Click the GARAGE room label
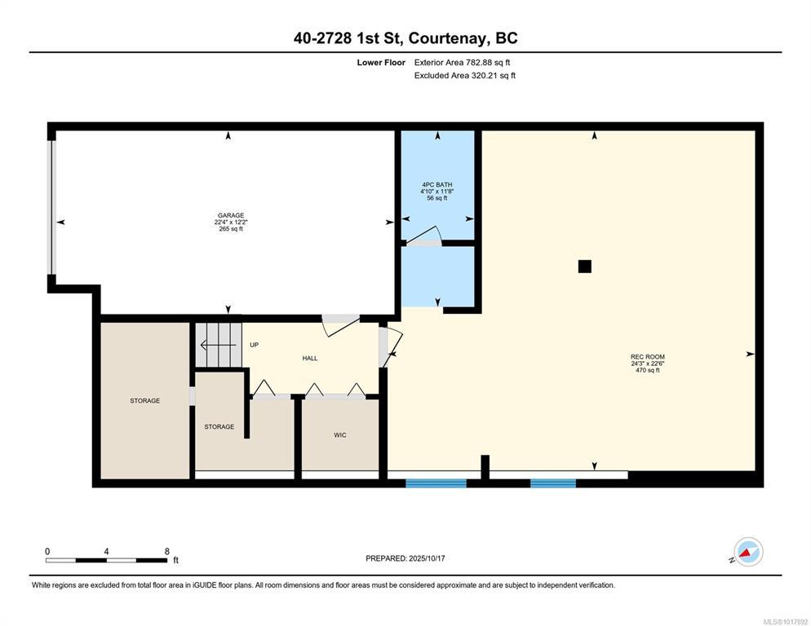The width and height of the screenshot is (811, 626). [x=231, y=215]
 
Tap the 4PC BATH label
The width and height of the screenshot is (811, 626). [x=437, y=184]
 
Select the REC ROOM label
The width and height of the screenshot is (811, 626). [x=648, y=357]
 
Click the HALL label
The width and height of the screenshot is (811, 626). [x=310, y=358]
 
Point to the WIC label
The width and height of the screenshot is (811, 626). [x=339, y=435]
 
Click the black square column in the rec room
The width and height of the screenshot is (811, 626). [x=585, y=267]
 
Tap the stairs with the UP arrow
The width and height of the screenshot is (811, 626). [x=219, y=345]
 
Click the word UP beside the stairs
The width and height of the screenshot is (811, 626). [x=254, y=345]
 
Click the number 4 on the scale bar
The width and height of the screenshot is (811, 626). [x=106, y=552]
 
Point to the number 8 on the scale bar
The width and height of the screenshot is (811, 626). [x=167, y=552]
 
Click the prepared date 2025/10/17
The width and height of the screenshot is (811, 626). [x=427, y=558]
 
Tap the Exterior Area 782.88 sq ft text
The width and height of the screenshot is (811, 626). [x=462, y=63]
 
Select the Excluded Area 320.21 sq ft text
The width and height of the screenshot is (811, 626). [x=464, y=76]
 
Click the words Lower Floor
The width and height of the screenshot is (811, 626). [x=381, y=63]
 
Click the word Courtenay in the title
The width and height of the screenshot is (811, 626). [x=447, y=38]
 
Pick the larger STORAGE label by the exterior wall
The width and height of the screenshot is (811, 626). [x=145, y=400]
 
